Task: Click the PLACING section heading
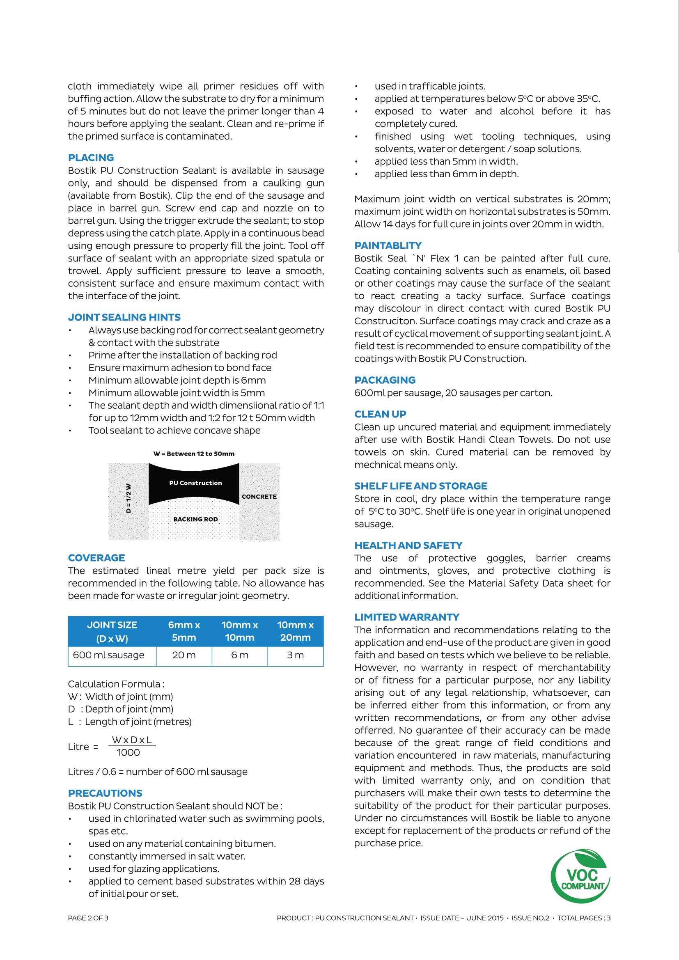click(x=91, y=158)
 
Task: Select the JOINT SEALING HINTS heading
click(x=124, y=317)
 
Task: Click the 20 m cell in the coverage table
click(x=184, y=655)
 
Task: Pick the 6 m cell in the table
click(x=240, y=655)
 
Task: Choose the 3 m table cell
click(x=295, y=655)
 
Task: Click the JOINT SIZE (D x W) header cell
click(x=112, y=631)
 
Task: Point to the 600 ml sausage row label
click(x=109, y=655)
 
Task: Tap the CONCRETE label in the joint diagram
click(x=259, y=497)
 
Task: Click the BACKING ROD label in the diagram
click(x=195, y=519)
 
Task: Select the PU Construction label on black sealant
click(x=195, y=483)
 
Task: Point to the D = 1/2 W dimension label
click(x=129, y=498)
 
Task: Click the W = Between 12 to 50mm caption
click(x=194, y=454)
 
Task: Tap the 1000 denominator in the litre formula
click(x=128, y=753)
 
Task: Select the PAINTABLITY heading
click(x=388, y=245)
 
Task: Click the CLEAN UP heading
click(x=380, y=415)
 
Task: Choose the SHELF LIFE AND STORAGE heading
click(x=421, y=486)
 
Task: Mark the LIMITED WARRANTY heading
click(x=406, y=617)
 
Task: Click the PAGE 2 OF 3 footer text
click(x=88, y=918)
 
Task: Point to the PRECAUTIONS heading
click(x=105, y=793)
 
